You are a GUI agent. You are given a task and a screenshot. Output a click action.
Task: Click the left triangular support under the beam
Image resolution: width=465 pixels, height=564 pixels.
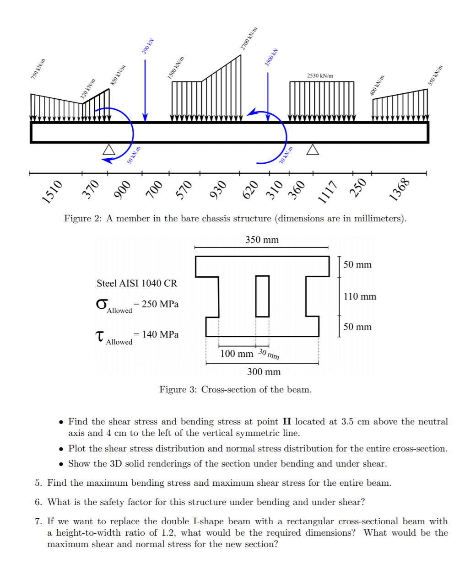pyautogui.click(x=109, y=150)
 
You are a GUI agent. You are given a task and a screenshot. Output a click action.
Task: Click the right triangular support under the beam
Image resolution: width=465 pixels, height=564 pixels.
pyautogui.click(x=313, y=150)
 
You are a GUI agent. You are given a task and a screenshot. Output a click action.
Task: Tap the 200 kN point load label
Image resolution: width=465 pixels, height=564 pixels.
pyautogui.click(x=147, y=46)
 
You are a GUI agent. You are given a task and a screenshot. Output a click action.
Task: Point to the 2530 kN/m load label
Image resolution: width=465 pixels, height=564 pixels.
pyautogui.click(x=320, y=75)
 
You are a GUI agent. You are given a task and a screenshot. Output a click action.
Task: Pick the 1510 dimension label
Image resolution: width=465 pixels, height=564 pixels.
pyautogui.click(x=52, y=191)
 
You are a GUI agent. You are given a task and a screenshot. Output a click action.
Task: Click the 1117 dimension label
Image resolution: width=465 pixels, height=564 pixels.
pyautogui.click(x=328, y=192)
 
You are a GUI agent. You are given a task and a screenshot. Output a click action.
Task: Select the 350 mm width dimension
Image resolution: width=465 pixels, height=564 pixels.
pyautogui.click(x=262, y=240)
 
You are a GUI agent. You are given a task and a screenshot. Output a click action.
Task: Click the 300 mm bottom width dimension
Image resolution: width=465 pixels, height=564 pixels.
pyautogui.click(x=264, y=372)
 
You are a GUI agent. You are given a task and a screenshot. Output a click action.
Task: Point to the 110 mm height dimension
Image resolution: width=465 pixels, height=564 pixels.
pyautogui.click(x=360, y=296)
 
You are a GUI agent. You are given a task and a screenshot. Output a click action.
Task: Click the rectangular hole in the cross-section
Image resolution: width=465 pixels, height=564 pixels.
pyautogui.click(x=262, y=296)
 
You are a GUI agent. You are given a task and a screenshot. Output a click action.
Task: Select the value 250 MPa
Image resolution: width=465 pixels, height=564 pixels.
pyautogui.click(x=160, y=304)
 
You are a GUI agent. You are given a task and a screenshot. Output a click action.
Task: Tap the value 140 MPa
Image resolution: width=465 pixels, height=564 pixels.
pyautogui.click(x=160, y=334)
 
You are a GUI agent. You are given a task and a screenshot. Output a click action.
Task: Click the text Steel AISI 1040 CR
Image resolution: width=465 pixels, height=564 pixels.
pyautogui.click(x=136, y=283)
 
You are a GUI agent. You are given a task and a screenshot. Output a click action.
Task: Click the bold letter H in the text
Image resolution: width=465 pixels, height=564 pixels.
pyautogui.click(x=287, y=422)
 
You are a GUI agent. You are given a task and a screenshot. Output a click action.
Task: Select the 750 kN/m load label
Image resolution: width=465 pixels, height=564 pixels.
pyautogui.click(x=38, y=69)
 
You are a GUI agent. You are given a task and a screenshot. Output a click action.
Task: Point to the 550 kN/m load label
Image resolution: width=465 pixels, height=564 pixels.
pyautogui.click(x=435, y=75)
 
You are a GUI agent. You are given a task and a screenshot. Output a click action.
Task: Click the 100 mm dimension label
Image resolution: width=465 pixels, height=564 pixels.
pyautogui.click(x=236, y=354)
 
